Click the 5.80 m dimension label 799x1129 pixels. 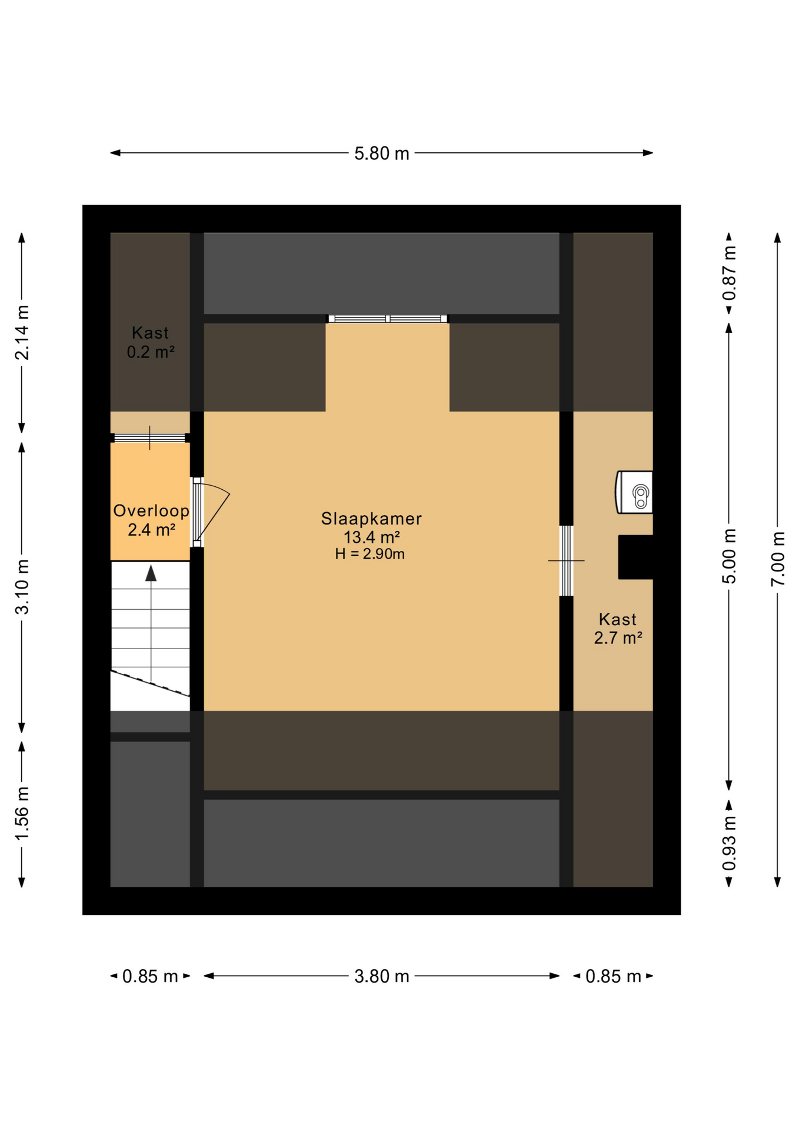381,153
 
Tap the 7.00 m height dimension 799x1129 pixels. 778,558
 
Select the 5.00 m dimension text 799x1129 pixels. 729,556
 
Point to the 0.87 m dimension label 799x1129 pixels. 729,273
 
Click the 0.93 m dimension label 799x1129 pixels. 729,843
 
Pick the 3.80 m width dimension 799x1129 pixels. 381,977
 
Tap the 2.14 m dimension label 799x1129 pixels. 22,332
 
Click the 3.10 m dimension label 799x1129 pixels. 22,587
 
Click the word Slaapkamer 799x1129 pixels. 371,519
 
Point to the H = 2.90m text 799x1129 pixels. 369,554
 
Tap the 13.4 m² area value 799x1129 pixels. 372,537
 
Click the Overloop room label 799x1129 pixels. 151,510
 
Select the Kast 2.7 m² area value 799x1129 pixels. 618,638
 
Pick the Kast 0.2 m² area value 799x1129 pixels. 151,352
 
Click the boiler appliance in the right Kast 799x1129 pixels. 634,492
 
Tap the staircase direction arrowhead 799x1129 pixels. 151,573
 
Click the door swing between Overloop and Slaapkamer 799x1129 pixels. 212,512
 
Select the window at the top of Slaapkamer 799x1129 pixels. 388,319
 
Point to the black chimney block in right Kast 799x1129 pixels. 635,557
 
